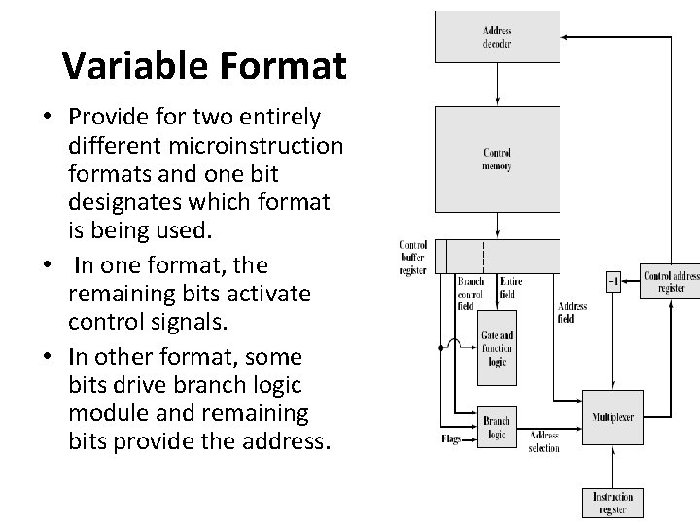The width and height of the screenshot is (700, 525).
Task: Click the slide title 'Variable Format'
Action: coord(203,65)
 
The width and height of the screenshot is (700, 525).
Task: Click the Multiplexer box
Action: coord(612,417)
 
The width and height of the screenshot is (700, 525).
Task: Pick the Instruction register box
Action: coord(612,503)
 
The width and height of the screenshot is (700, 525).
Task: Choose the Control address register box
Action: coord(670,282)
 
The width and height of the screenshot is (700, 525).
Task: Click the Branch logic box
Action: coord(496,426)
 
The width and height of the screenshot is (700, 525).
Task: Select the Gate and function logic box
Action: coord(496,347)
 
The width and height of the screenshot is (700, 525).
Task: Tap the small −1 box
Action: coord(612,282)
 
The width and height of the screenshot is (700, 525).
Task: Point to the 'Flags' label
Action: coord(450,439)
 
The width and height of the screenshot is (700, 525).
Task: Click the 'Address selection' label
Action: coord(543,442)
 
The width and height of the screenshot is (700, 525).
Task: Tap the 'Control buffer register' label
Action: coord(412,258)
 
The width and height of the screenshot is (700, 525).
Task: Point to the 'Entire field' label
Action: coord(510,288)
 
